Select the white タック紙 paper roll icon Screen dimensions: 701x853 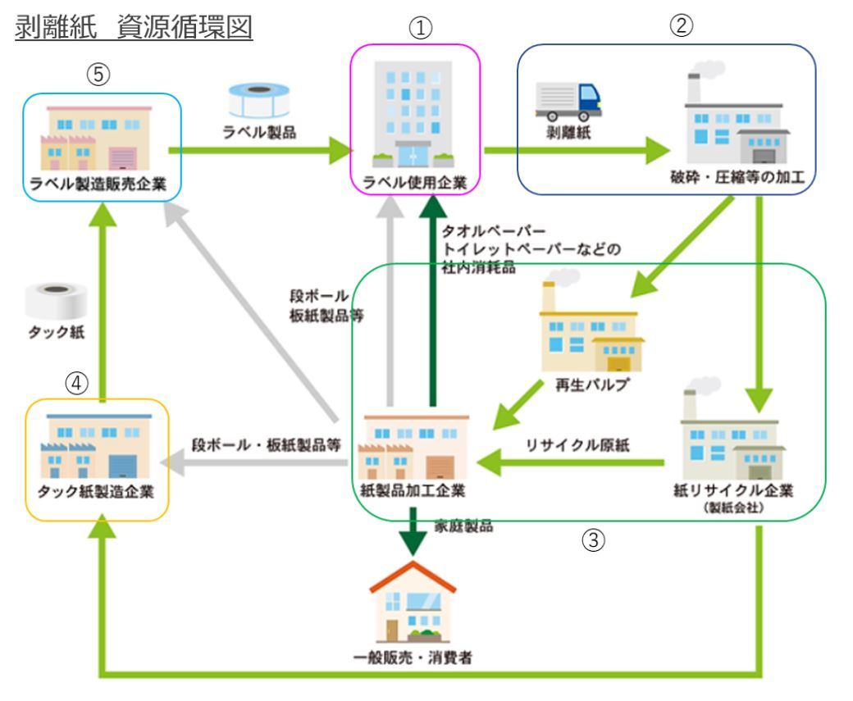(x=52, y=302)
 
